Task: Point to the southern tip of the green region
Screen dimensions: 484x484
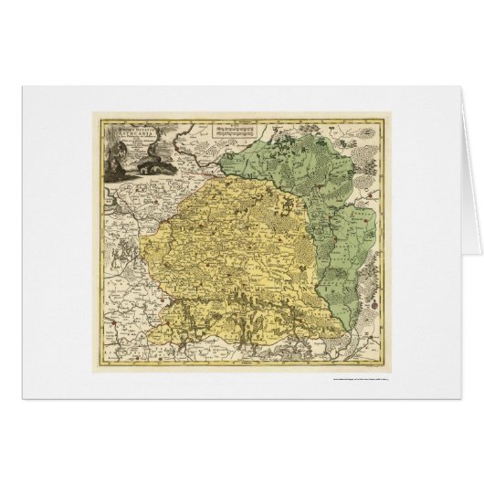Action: [x=342, y=321]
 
